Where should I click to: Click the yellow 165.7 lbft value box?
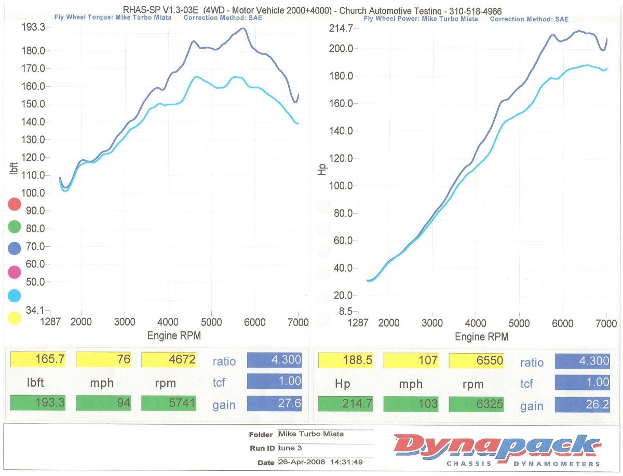point(38,359)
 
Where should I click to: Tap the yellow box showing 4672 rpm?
point(169,359)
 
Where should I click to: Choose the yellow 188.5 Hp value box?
point(345,360)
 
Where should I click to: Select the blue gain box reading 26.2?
point(582,404)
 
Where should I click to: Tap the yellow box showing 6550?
point(476,360)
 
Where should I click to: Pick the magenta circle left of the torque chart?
point(15,272)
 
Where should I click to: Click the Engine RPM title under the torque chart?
point(174,335)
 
